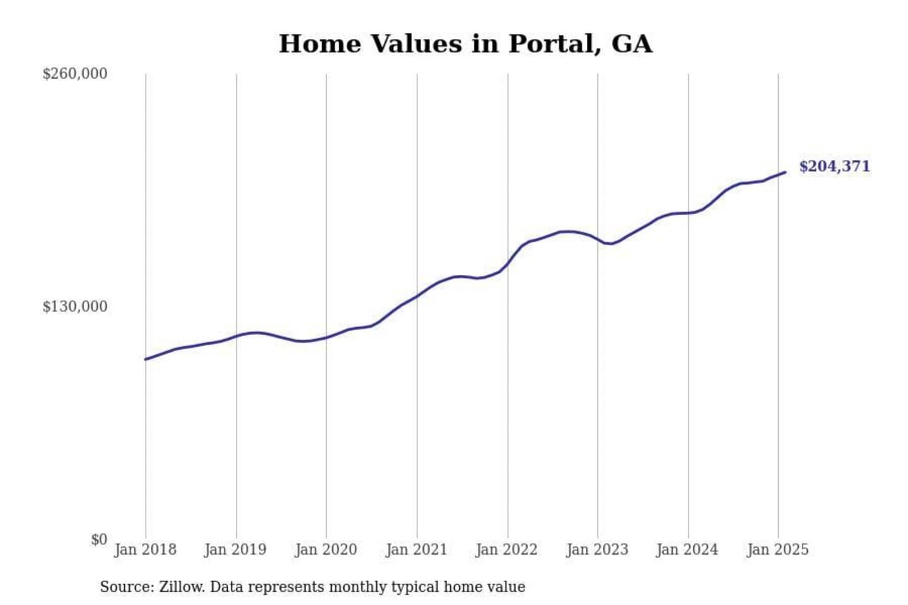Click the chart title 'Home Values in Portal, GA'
(x=465, y=44)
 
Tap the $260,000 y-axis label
(x=74, y=74)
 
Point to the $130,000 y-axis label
(x=74, y=306)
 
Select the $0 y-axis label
(x=99, y=539)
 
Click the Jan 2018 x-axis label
(x=145, y=550)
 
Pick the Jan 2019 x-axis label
(x=235, y=550)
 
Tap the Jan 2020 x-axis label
(x=326, y=550)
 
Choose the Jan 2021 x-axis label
(x=416, y=550)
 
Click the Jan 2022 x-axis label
(x=506, y=550)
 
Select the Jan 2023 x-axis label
(x=597, y=550)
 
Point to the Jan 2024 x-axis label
(x=687, y=550)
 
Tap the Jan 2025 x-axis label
(x=777, y=550)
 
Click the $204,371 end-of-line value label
(x=834, y=166)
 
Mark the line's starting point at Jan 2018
(x=146, y=359)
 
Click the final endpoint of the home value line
(x=785, y=172)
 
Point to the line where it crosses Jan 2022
(x=508, y=265)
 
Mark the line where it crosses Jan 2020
(x=327, y=338)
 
